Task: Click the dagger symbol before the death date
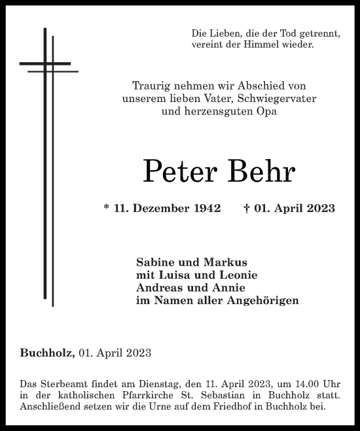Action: pyautogui.click(x=245, y=209)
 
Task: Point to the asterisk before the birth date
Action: pyautogui.click(x=107, y=209)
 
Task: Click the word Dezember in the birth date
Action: pyautogui.click(x=156, y=209)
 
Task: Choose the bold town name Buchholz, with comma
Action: pyautogui.click(x=46, y=353)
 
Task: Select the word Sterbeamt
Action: pyautogui.click(x=60, y=382)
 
